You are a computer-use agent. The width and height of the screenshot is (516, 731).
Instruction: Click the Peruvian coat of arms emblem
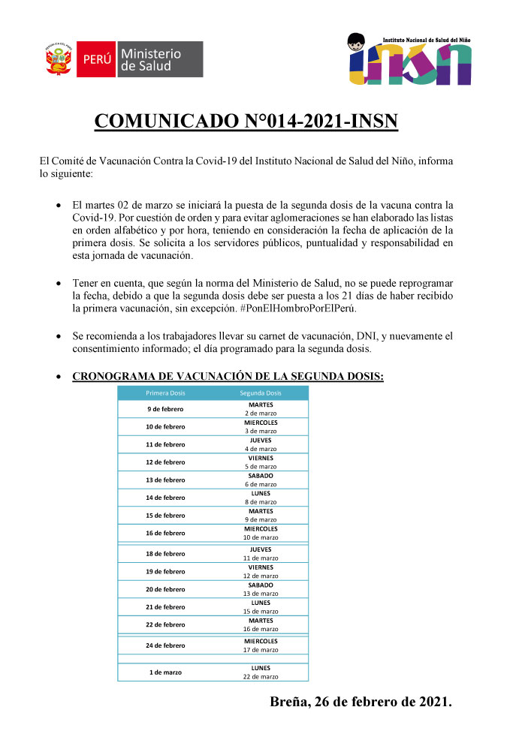[59, 59]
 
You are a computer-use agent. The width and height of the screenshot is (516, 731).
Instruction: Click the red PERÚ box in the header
[97, 59]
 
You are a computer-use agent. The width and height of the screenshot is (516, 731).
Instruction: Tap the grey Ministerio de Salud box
[160, 59]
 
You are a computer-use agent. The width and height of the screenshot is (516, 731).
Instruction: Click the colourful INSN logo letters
[409, 65]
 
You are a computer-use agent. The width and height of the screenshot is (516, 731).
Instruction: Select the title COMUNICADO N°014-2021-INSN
[246, 122]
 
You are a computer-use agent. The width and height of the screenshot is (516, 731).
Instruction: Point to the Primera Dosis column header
[165, 393]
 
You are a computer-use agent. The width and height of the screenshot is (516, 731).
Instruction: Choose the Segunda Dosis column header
[261, 393]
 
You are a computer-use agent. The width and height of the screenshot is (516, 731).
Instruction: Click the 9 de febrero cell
[165, 409]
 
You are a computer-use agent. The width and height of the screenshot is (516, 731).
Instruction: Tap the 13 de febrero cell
[165, 480]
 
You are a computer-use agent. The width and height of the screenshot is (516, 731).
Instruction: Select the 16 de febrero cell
[165, 533]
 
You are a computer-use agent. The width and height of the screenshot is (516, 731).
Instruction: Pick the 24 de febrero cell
[165, 645]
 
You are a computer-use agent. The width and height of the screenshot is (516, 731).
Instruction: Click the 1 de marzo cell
[165, 672]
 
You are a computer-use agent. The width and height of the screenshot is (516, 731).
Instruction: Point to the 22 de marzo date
[261, 677]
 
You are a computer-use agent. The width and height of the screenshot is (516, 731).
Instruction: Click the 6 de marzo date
[261, 484]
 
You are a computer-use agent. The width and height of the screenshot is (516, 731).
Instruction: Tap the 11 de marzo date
[261, 558]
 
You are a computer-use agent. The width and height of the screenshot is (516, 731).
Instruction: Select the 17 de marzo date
[261, 650]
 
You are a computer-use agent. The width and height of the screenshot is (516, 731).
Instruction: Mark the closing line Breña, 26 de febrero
[361, 703]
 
